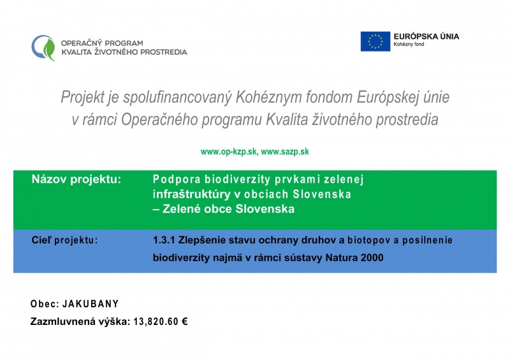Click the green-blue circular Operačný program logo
[43, 47]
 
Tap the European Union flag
[375, 41]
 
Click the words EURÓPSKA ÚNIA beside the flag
[426, 36]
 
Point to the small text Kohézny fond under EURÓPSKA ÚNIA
[410, 46]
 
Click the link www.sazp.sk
[285, 152]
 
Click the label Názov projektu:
[76, 180]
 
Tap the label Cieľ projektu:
[65, 240]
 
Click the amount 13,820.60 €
[160, 322]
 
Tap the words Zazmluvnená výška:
[80, 322]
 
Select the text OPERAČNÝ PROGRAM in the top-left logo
[102, 43]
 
